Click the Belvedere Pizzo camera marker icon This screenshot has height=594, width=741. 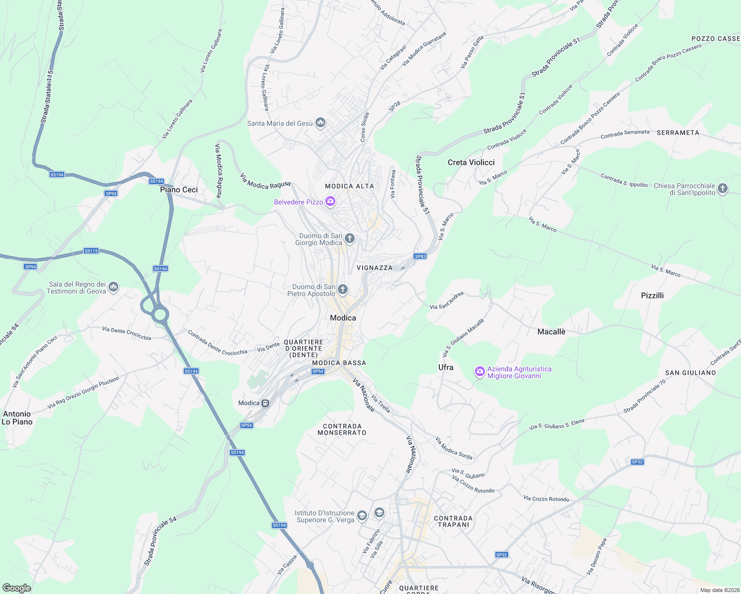330,201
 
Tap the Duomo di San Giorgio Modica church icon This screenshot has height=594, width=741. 350,239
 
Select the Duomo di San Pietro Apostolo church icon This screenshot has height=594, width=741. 343,290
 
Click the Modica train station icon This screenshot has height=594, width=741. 265,403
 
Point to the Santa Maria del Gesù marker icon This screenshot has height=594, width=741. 320,123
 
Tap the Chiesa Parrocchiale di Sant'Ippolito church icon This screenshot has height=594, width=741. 723,189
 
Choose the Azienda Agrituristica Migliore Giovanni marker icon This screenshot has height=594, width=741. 479,372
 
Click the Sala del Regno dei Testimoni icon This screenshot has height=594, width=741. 113,287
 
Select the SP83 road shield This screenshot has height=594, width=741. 420,256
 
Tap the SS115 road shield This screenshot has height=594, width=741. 91,251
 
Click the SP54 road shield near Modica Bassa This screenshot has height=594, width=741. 318,371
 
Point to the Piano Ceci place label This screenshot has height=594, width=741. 179,190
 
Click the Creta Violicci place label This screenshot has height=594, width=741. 471,162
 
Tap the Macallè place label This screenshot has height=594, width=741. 551,332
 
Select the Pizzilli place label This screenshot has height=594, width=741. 652,296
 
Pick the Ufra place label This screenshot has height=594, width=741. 446,367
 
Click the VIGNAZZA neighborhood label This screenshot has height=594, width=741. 374,268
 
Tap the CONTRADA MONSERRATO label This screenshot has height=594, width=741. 342,429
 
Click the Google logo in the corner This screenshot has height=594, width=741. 17,588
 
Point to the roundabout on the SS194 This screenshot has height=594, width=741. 159,314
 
